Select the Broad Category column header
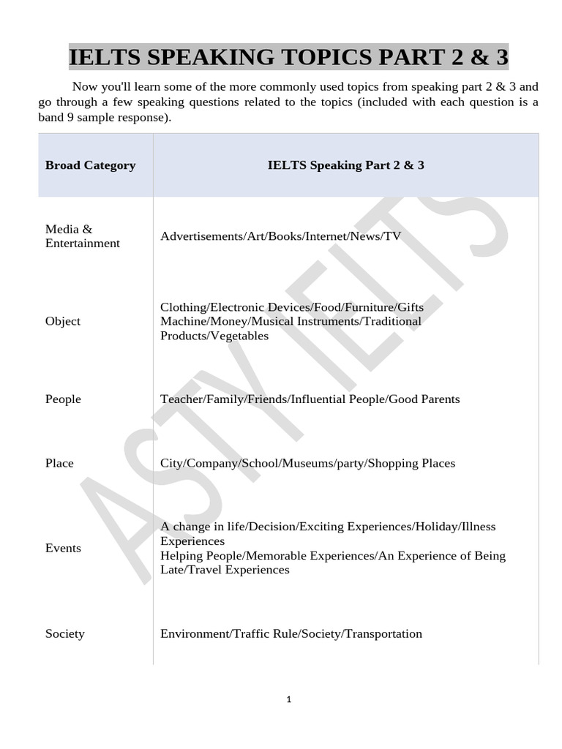point(90,165)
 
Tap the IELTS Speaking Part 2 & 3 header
point(345,165)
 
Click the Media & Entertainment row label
point(82,236)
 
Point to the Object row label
point(63,321)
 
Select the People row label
point(63,399)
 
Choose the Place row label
point(59,463)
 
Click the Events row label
point(63,548)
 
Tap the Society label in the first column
point(64,633)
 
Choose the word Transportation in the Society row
point(383,633)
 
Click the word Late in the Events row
point(172,570)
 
